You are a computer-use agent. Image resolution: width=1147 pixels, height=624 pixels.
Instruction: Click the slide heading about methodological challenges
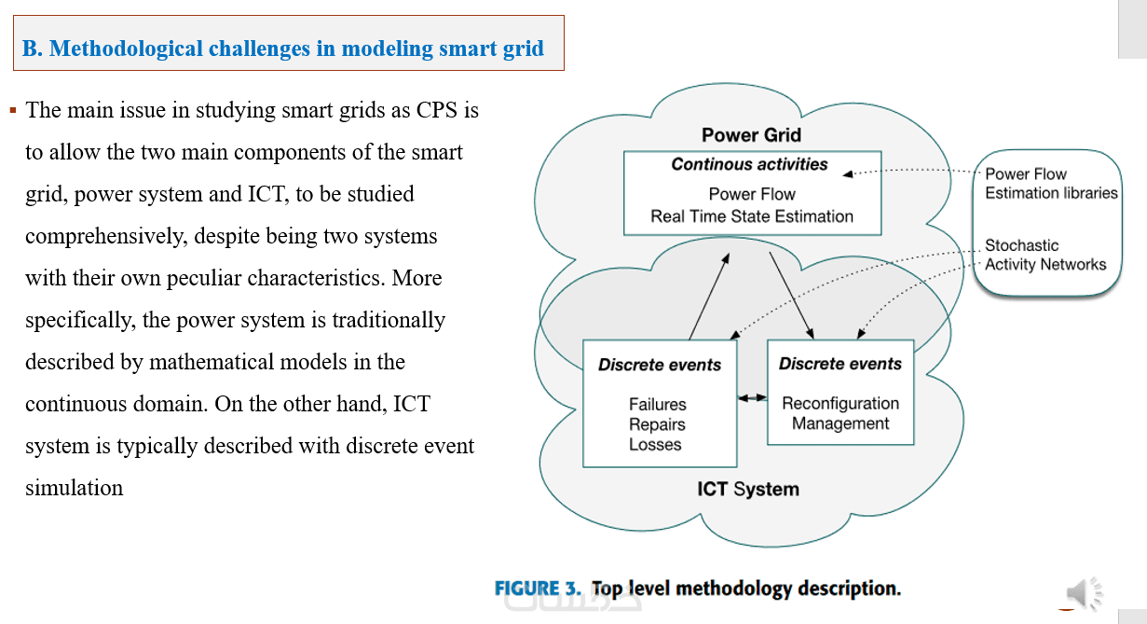coord(283,49)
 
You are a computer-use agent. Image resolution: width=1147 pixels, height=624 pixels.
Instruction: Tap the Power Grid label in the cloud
coord(751,135)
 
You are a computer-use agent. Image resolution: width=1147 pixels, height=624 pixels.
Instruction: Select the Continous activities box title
coord(749,165)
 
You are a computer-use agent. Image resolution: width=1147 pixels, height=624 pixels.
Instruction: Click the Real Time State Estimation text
coord(752,216)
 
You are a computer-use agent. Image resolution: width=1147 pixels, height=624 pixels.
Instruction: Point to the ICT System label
coord(747,489)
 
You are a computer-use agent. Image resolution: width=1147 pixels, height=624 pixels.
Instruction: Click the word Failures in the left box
coord(657,405)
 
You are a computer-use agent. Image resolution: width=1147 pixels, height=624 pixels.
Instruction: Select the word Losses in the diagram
coord(655,445)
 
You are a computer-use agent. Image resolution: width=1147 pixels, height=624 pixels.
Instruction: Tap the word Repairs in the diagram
coord(657,424)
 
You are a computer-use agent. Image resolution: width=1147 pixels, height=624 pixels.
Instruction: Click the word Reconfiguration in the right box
coord(840,404)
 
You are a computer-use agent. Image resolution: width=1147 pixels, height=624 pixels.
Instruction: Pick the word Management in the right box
coord(840,423)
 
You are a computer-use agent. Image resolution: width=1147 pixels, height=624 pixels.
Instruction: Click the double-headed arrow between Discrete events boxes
coord(752,398)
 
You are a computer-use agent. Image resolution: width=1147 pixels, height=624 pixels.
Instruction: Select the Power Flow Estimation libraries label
coord(1051,184)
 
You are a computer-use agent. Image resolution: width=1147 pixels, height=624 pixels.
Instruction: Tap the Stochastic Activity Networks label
coord(1045,255)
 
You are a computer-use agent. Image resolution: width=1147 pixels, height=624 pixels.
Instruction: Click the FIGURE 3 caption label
coord(538,589)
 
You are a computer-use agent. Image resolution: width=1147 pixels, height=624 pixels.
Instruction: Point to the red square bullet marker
coord(13,110)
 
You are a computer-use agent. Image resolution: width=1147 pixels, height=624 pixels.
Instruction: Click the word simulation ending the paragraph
coord(74,488)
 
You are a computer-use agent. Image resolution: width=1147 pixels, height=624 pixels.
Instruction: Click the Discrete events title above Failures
coord(659,365)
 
